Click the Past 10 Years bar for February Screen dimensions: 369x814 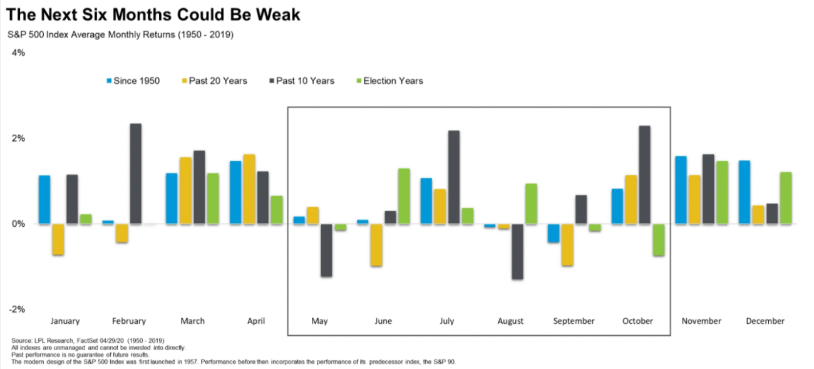[x=136, y=174]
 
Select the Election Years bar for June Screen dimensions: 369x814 [x=404, y=196]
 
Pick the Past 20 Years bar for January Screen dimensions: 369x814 [x=58, y=239]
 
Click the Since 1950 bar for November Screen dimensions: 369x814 [x=681, y=190]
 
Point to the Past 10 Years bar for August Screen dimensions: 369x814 [x=517, y=251]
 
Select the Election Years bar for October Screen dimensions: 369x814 [x=658, y=239]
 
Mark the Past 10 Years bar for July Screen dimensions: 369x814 [x=453, y=177]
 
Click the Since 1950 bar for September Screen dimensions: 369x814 [x=553, y=233]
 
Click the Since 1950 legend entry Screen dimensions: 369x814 [x=132, y=81]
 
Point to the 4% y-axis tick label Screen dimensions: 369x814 [x=18, y=53]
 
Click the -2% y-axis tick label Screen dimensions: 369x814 [x=16, y=309]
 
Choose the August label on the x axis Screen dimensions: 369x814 [x=510, y=321]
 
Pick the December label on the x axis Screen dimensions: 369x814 [x=765, y=321]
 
